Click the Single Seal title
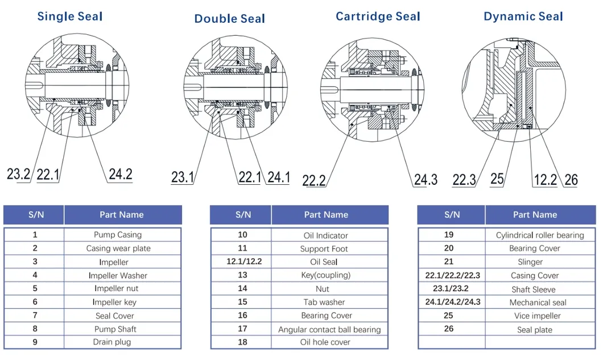point(70,16)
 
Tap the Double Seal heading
point(230,19)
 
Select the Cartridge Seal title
point(378,16)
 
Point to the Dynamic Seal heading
point(523,16)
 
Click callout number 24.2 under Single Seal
point(120,174)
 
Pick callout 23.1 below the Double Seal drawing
point(183,177)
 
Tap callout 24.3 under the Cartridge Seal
point(426,180)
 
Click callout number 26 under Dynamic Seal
point(571,180)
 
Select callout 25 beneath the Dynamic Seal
point(497,179)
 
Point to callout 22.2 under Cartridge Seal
point(314,180)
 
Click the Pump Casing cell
point(118,234)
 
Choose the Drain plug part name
point(112,342)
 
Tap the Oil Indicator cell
point(326,235)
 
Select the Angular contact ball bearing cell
point(329,329)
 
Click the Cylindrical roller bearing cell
point(540,235)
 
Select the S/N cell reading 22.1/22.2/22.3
point(453,275)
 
